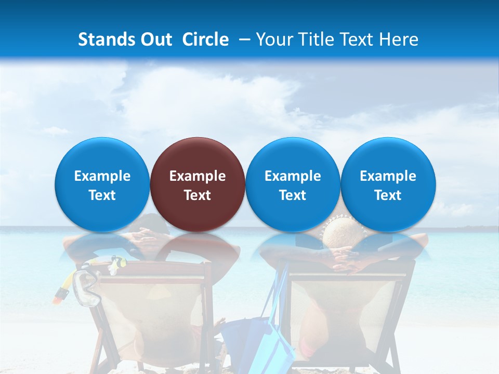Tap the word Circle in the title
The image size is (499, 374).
tap(205, 39)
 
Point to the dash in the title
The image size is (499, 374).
tap(244, 40)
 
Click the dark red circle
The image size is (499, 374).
tap(197, 184)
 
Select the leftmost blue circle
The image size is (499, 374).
tap(102, 184)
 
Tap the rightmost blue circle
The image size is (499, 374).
tap(388, 184)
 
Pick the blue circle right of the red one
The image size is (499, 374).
tap(293, 184)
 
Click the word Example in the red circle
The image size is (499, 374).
tap(198, 176)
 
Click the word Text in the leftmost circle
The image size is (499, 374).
tap(102, 195)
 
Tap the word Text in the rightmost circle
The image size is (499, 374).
tap(388, 195)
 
